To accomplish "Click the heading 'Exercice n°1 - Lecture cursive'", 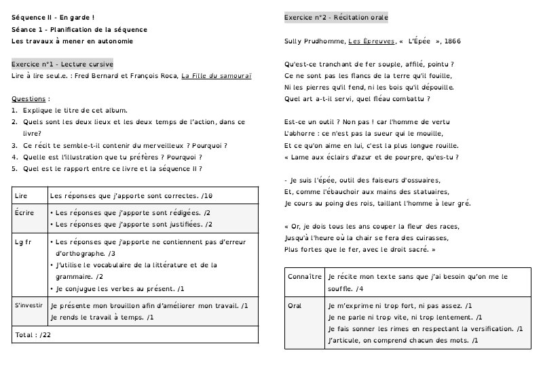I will pos(62,64).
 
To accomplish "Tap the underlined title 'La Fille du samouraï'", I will pos(217,76).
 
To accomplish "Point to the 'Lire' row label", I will pos(21,195).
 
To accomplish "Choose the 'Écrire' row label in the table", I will pos(24,212).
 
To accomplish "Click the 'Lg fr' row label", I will pos(24,241).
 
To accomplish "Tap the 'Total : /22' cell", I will pos(33,335).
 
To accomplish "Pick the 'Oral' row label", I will pos(295,306).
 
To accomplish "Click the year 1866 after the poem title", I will pos(451,42).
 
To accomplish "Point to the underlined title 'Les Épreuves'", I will pos(371,42).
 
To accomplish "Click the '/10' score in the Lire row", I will pos(207,196).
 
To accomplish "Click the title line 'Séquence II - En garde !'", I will pos(53,17).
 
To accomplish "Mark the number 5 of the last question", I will pos(14,168).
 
